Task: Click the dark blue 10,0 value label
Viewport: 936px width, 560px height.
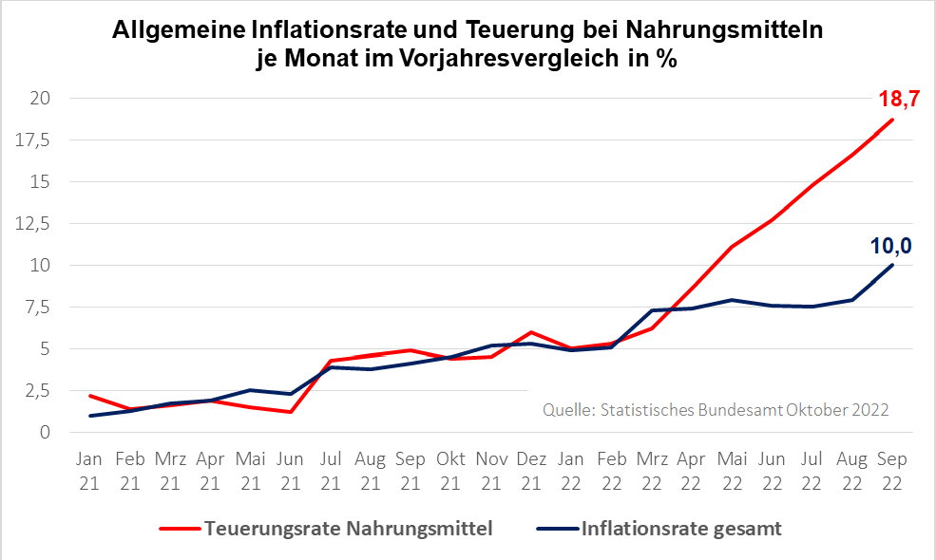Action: pos(890,246)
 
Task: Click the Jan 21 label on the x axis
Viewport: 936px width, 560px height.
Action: pos(90,471)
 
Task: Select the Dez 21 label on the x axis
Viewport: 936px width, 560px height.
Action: pos(530,471)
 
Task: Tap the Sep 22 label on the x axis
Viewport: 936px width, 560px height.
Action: pos(891,471)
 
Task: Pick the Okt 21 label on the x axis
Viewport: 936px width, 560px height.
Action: pos(450,471)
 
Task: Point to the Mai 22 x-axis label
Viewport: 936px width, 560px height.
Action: pos(731,471)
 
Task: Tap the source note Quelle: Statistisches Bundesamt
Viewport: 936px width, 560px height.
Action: pos(662,410)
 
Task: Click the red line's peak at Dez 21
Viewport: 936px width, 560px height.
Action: pos(530,332)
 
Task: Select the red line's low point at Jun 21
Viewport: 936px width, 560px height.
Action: pos(290,412)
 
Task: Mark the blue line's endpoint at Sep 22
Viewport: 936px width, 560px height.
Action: pos(891,265)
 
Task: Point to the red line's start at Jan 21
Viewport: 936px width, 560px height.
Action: pos(90,396)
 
